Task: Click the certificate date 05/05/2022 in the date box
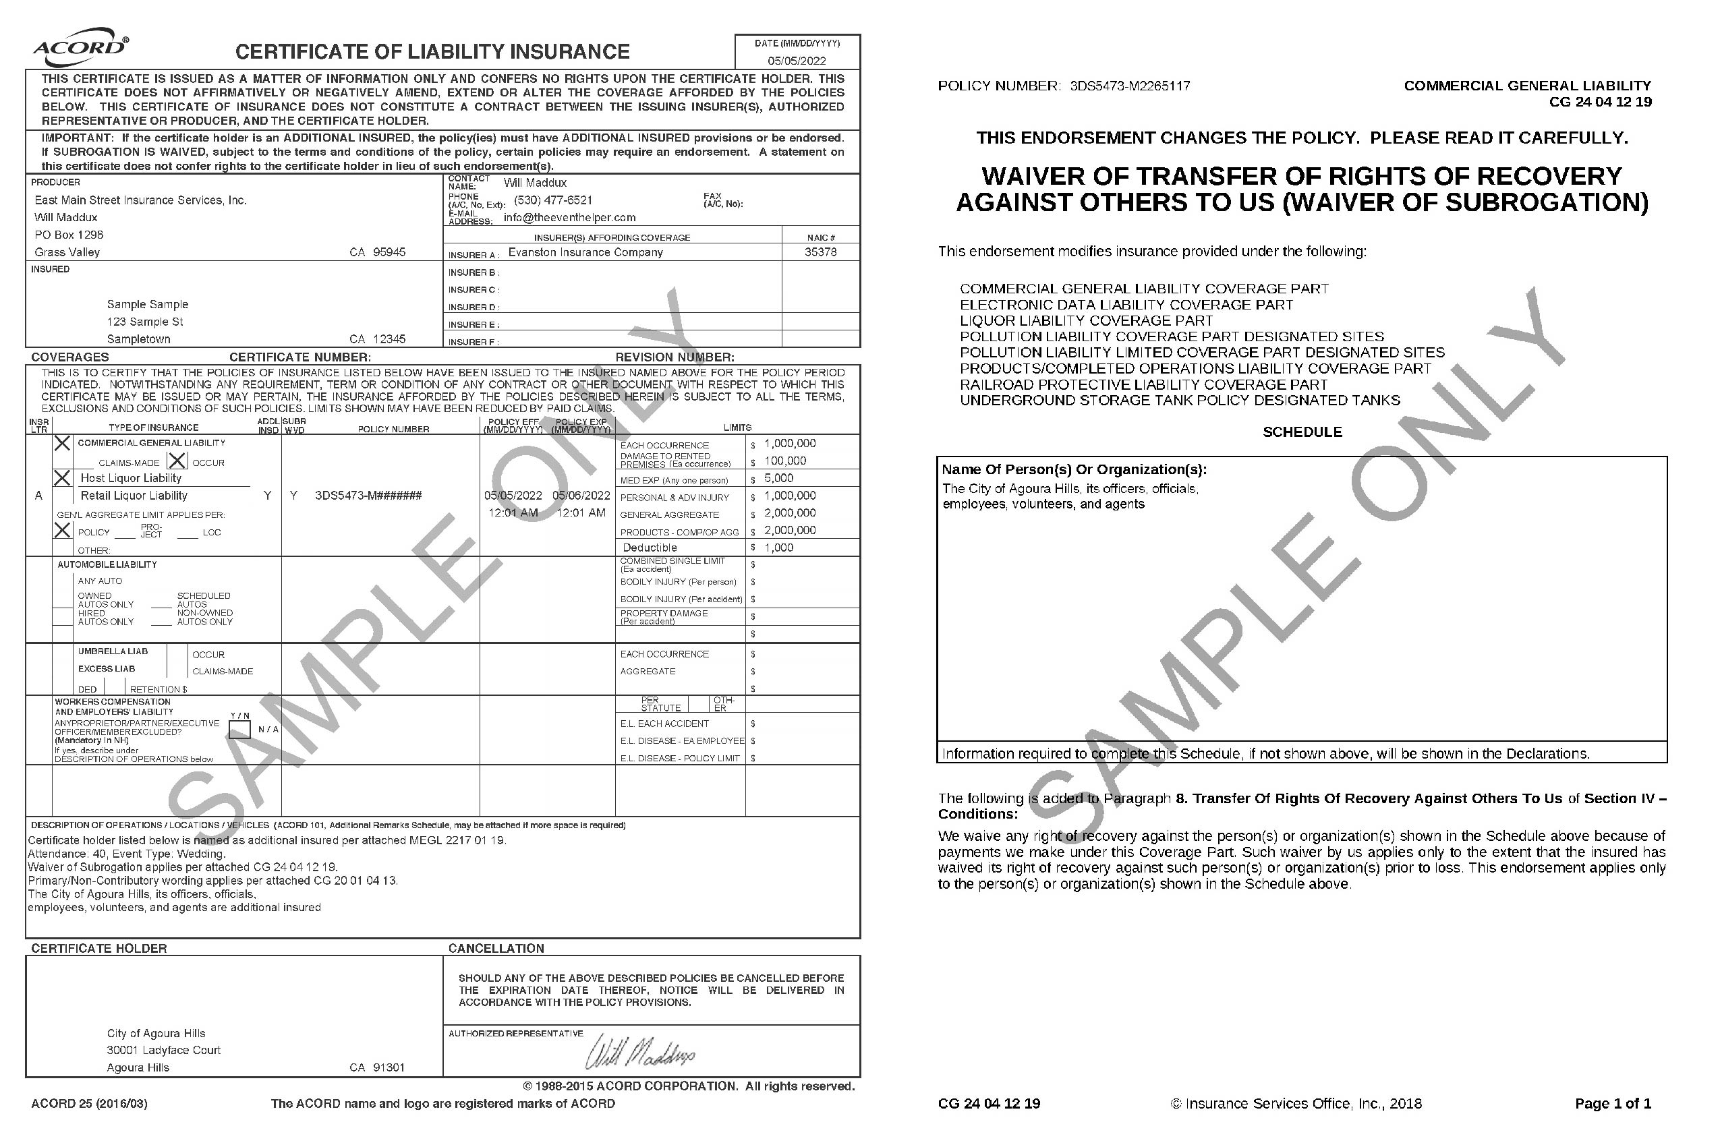pos(797,61)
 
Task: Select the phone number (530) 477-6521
pos(553,200)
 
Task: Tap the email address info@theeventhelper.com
pos(569,218)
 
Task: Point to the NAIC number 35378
pos(820,252)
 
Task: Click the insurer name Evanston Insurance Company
pos(585,252)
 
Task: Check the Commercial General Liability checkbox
pos(63,443)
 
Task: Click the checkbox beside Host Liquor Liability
pos(63,478)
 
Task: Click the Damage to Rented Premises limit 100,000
pos(785,461)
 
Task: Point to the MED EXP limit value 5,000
pos(778,478)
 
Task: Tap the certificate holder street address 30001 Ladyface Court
pos(164,1051)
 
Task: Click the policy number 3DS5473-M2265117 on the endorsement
pos(1130,86)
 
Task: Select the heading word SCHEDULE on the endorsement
pos(1302,432)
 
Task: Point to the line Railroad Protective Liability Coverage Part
pos(1143,385)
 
